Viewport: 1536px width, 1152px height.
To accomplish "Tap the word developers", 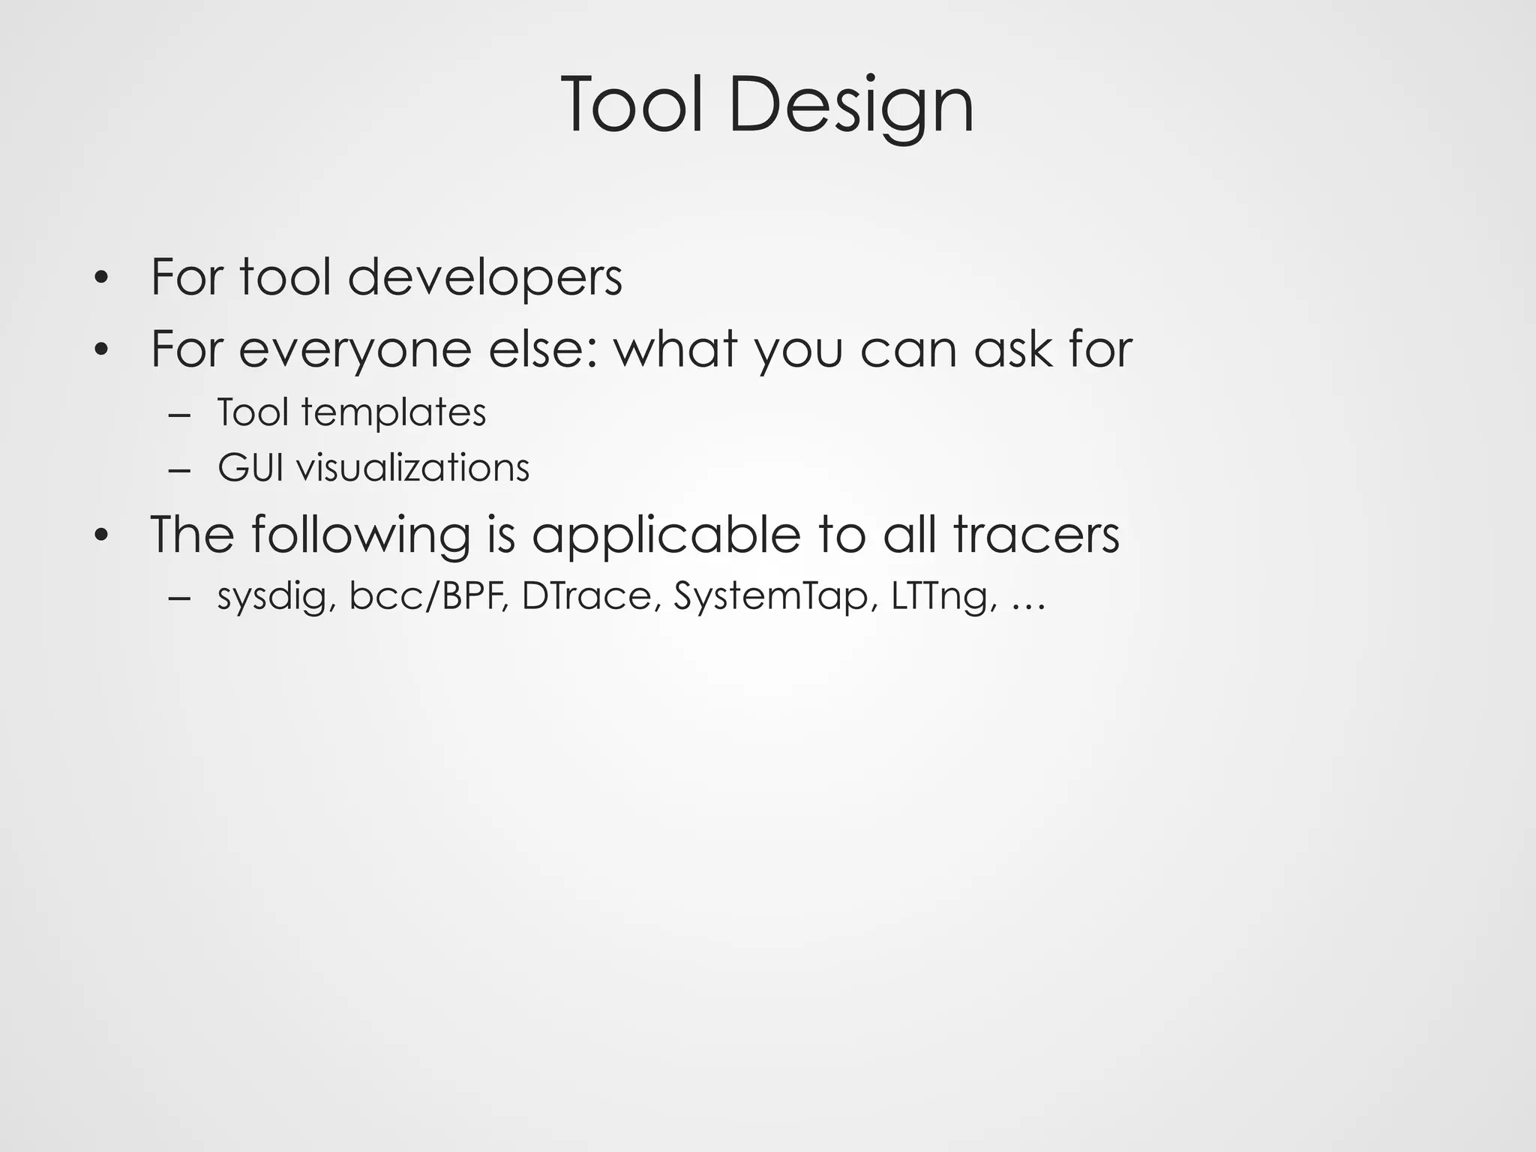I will point(484,277).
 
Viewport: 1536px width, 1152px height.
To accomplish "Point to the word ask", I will point(1014,349).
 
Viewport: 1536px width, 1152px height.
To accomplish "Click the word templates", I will point(394,412).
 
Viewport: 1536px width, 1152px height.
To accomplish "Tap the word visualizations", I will point(412,468).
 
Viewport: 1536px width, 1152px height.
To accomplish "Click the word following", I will point(360,535).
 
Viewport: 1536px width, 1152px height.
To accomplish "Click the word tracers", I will point(1036,535).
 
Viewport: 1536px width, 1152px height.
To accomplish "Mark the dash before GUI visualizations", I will point(180,470).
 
